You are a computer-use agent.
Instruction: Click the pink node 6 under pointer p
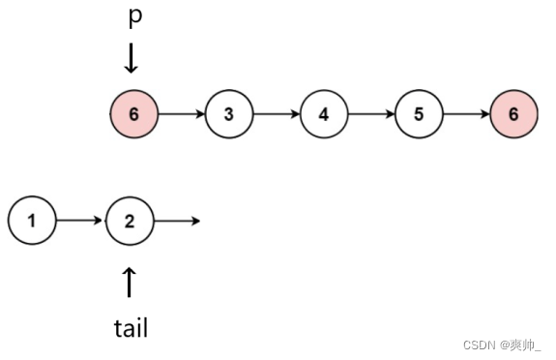coord(133,114)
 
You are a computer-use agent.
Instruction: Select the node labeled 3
coord(228,114)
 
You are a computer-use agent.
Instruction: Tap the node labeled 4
coord(323,114)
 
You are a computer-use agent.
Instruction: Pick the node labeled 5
coord(418,114)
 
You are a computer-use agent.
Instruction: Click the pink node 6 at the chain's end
coord(512,114)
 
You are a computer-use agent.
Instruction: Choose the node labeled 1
coord(31,221)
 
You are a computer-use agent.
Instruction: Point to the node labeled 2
coord(130,221)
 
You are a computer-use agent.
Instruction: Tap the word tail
coord(131,327)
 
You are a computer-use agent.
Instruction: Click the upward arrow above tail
coord(130,282)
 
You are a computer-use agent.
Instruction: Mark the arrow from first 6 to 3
coord(181,114)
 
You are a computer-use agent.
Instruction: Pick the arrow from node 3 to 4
coord(276,114)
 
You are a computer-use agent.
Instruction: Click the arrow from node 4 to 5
coord(370,114)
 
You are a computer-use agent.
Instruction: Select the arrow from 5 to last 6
coord(465,114)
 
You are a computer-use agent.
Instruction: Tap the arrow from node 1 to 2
coord(80,221)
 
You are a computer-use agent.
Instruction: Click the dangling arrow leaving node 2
coord(178,221)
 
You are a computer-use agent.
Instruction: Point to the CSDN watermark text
coord(503,345)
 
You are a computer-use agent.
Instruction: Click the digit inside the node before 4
coord(228,114)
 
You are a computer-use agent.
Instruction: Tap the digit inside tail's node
coord(130,221)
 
